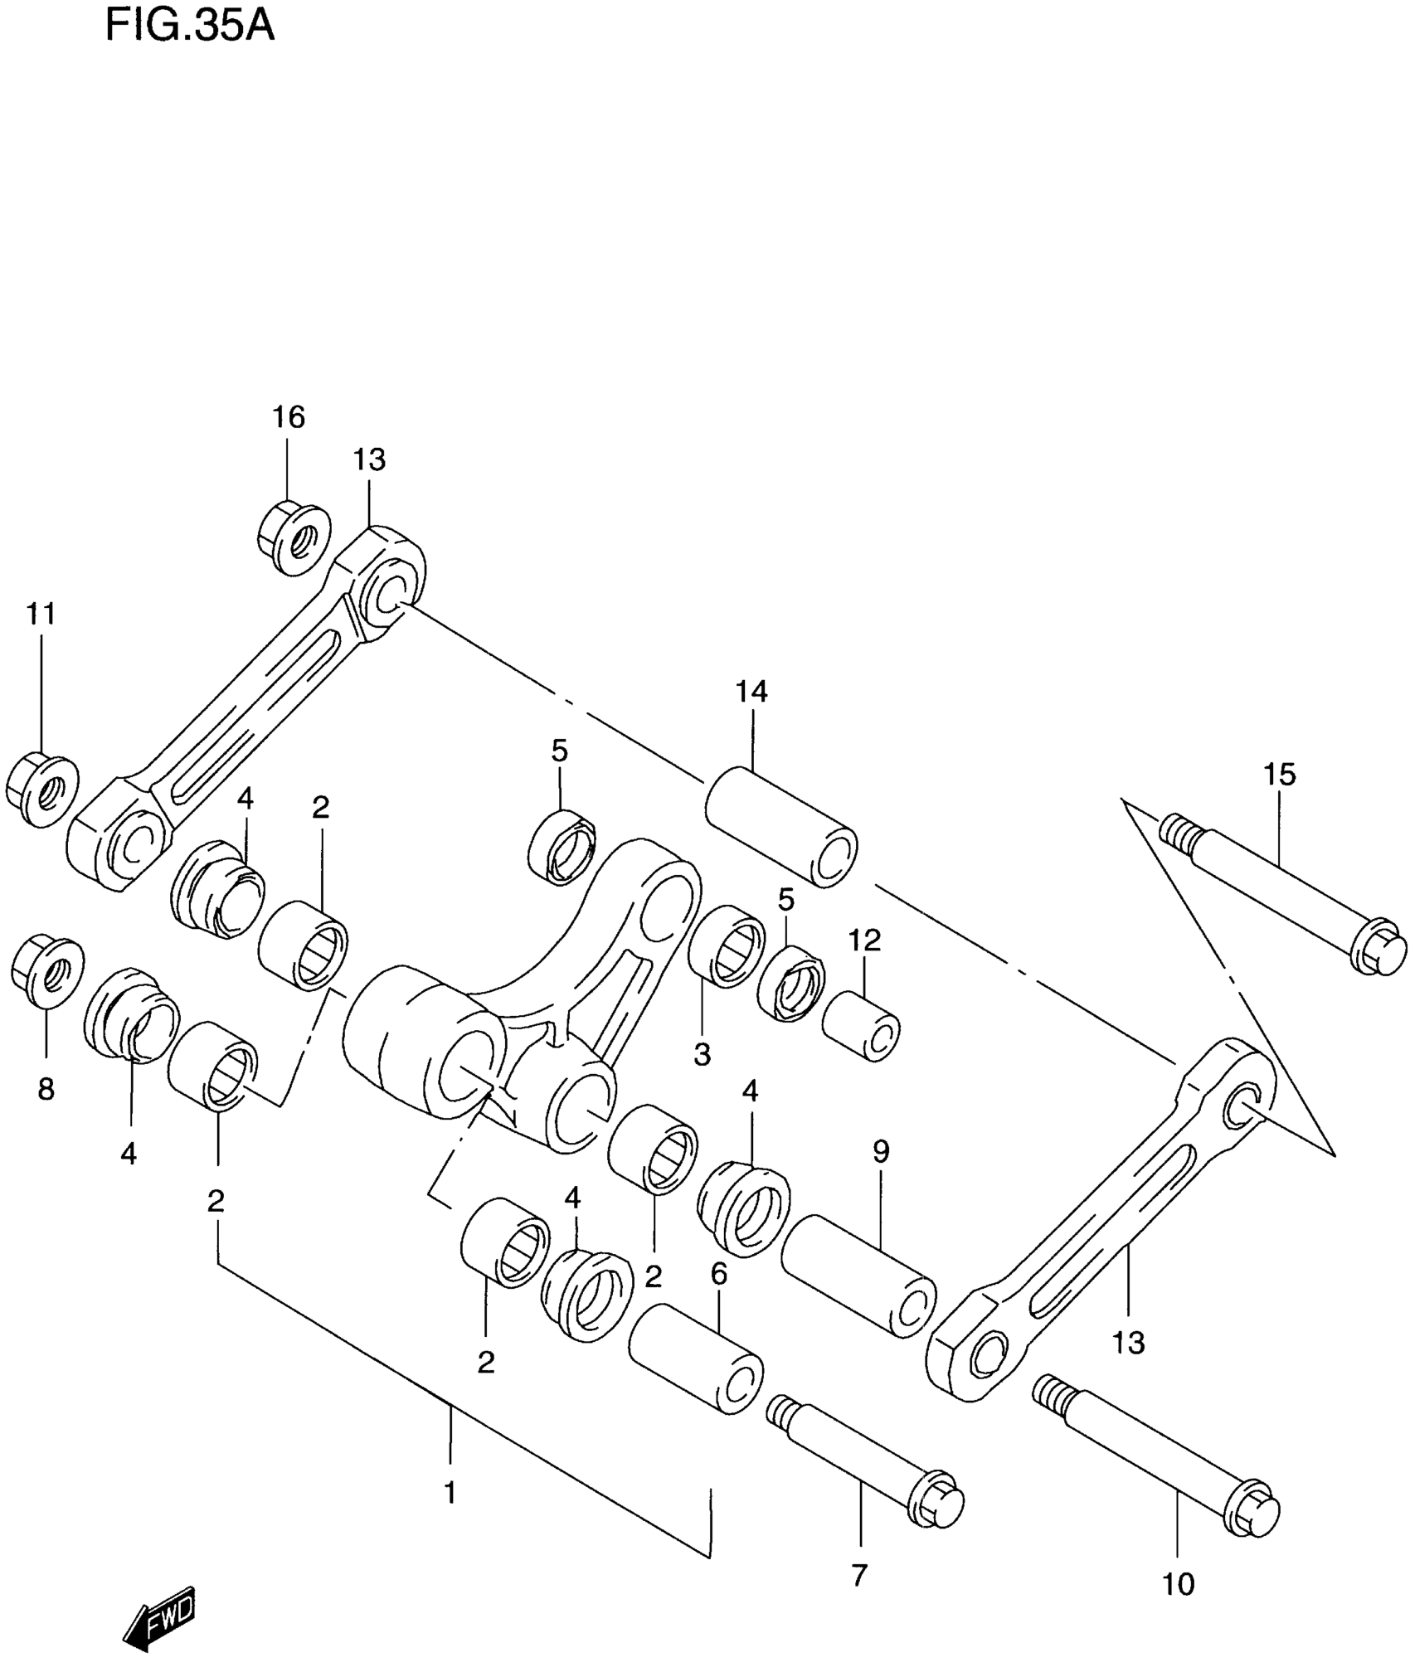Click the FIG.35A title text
click(x=189, y=27)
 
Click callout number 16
click(x=289, y=417)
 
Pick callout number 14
click(x=751, y=691)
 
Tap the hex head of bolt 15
click(x=1378, y=950)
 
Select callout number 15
click(x=1279, y=775)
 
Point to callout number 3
click(x=703, y=1055)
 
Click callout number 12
click(x=864, y=940)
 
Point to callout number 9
click(x=881, y=1151)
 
